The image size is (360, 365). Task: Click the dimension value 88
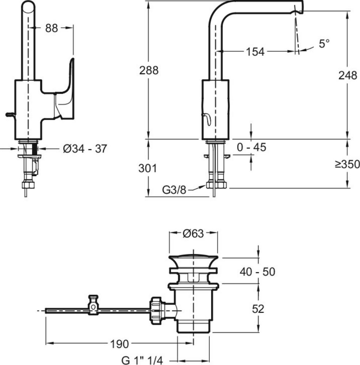coord(52,28)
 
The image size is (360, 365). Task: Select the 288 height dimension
coord(149,70)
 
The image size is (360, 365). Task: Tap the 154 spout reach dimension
coord(254,52)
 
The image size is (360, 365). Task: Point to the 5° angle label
coord(324,44)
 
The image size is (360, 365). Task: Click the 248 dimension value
coord(348,76)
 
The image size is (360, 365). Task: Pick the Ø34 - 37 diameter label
coord(85,149)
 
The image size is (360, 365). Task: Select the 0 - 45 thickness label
coord(251,147)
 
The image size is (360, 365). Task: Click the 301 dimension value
coord(148,168)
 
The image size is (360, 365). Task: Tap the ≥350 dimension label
coord(347,164)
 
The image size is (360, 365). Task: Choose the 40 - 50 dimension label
coord(257,272)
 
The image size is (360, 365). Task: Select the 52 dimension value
coord(258,309)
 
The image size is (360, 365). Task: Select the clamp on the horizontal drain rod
coord(95,305)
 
